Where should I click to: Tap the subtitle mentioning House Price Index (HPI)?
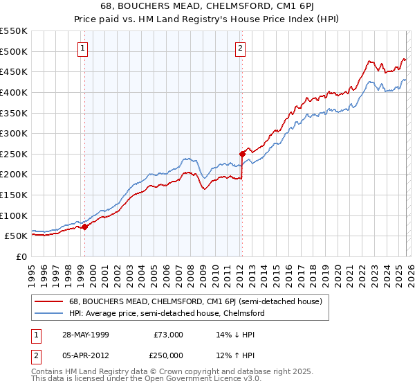(x=207, y=19)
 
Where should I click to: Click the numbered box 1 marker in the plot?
(x=83, y=48)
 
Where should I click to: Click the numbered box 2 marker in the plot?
(x=240, y=48)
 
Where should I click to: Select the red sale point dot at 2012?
(x=242, y=154)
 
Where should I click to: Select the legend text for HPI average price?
(x=167, y=313)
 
